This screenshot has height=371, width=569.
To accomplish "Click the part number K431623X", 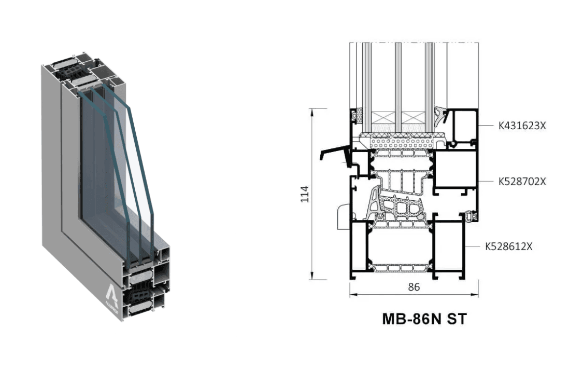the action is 522,126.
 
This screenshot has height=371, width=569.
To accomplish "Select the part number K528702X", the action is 522,181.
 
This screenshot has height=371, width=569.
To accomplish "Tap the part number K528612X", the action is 509,246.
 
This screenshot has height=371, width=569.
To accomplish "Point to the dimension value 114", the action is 305,194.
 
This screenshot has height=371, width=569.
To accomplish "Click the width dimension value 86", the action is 414,287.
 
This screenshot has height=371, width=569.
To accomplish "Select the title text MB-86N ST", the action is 424,319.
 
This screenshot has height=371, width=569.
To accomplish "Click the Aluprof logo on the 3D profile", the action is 112,295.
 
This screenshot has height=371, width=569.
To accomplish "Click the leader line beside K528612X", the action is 473,246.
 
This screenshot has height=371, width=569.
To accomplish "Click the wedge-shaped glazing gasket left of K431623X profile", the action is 442,116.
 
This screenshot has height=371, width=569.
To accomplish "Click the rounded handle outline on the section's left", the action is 343,216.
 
